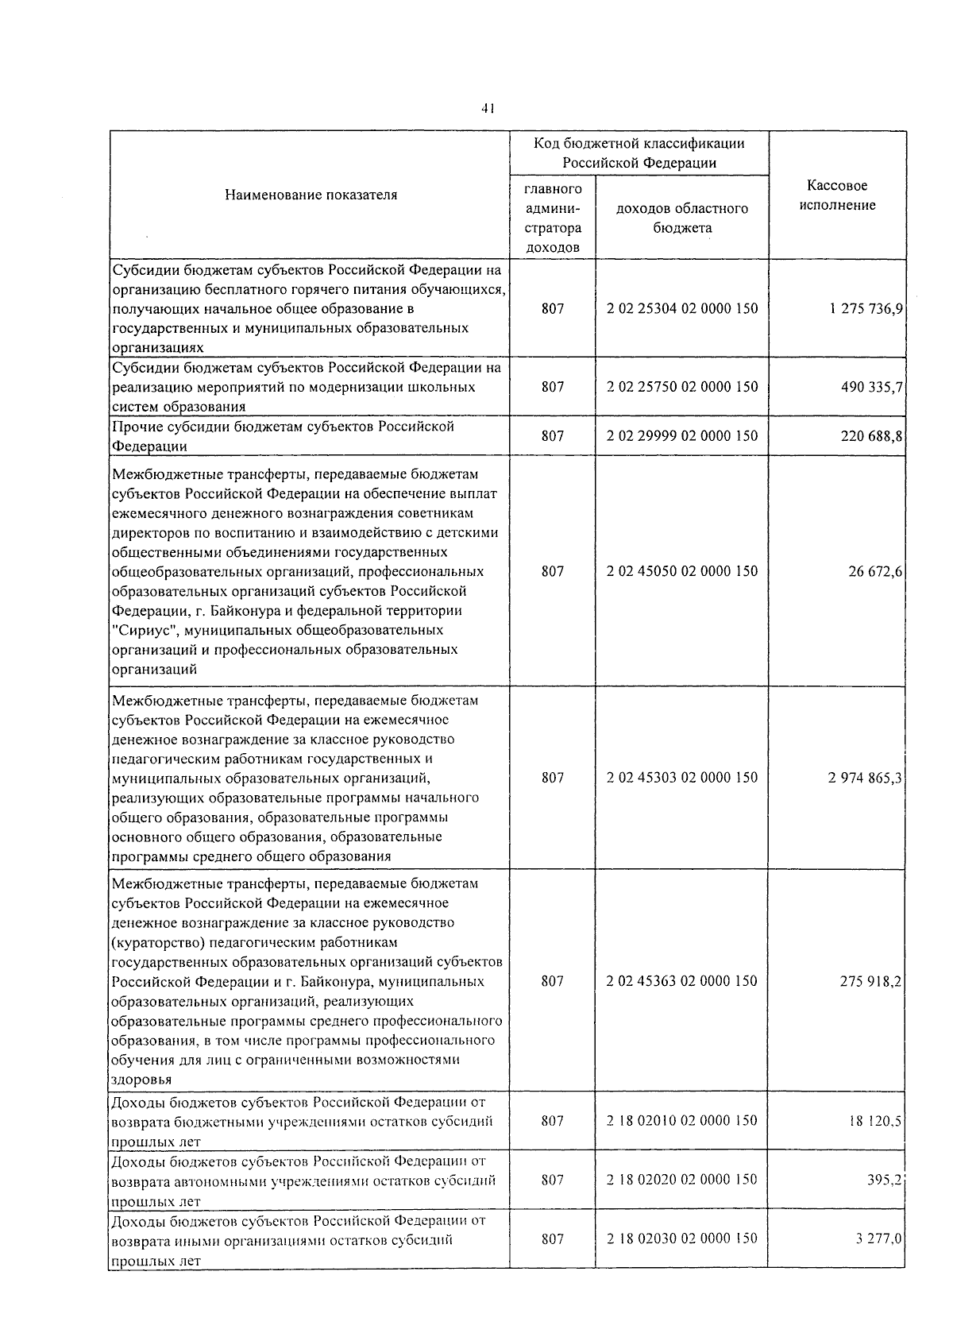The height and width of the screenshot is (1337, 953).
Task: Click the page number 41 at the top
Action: point(488,109)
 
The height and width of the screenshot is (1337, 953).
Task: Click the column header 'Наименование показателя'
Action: point(311,195)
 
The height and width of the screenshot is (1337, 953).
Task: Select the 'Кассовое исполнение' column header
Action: point(837,195)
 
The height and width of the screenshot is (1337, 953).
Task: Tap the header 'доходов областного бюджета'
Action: point(682,218)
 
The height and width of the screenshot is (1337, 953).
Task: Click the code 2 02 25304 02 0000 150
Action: point(682,308)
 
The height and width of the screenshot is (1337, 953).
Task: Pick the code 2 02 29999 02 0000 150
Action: point(682,435)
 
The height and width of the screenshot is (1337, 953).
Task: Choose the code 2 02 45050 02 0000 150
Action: point(682,571)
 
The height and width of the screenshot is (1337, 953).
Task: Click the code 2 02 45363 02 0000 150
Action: point(682,981)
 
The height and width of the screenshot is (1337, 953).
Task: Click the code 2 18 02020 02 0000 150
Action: point(682,1180)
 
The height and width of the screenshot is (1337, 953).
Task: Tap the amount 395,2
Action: point(884,1180)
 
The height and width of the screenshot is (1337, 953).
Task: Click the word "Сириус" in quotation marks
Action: point(141,631)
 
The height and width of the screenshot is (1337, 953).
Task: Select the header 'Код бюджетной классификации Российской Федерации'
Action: point(639,153)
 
